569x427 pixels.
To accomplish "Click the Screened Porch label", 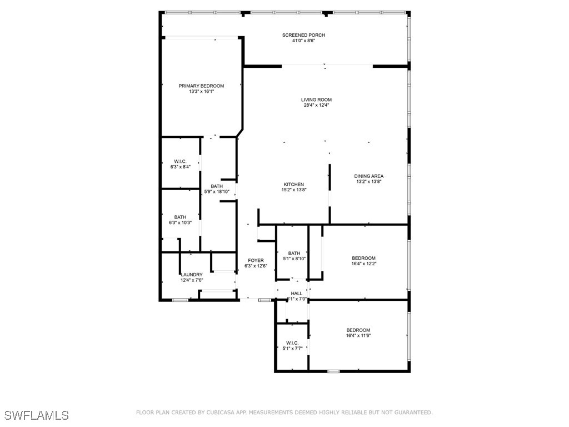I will (x=303, y=35).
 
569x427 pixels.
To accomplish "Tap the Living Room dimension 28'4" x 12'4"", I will (x=316, y=105).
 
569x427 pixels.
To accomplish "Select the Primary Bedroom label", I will (x=201, y=86).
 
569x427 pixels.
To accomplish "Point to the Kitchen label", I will (x=294, y=185).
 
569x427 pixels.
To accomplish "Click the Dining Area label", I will (x=369, y=176).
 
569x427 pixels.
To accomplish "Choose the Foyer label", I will (x=256, y=260).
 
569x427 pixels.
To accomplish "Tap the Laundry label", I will (x=191, y=275).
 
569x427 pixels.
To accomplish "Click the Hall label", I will (x=297, y=294).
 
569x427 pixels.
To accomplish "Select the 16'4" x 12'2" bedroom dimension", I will (x=363, y=264).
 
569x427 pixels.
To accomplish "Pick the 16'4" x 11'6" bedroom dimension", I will (x=358, y=335).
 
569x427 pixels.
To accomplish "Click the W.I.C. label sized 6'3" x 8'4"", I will (x=179, y=161).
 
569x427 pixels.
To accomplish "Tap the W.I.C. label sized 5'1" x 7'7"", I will (x=292, y=343).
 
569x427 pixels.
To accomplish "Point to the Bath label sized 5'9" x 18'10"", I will (x=217, y=186).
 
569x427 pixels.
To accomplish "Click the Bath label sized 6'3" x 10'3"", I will (x=180, y=217).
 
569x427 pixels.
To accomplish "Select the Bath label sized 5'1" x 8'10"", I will (x=294, y=254).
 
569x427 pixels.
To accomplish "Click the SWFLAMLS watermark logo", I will (x=37, y=415).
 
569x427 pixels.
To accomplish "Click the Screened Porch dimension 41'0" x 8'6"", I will (x=303, y=41).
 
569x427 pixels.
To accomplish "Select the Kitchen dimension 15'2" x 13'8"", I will (x=294, y=190).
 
